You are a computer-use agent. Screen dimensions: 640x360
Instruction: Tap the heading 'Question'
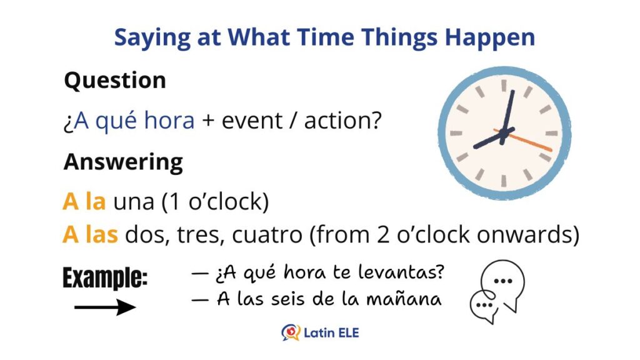(115, 81)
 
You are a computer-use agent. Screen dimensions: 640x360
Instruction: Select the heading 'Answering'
(123, 162)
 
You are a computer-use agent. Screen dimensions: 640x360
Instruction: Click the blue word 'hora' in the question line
(169, 121)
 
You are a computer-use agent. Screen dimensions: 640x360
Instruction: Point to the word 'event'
(252, 121)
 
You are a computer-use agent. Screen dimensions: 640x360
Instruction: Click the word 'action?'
(343, 121)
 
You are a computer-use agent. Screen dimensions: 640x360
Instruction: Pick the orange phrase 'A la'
(84, 201)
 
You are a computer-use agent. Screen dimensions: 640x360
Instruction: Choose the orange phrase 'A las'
(90, 234)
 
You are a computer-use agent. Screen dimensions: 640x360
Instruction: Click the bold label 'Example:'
(105, 278)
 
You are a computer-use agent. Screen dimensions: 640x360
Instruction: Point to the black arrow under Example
(105, 307)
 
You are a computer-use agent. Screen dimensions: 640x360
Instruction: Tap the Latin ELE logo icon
(291, 332)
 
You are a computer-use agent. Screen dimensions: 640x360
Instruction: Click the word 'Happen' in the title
(490, 38)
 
